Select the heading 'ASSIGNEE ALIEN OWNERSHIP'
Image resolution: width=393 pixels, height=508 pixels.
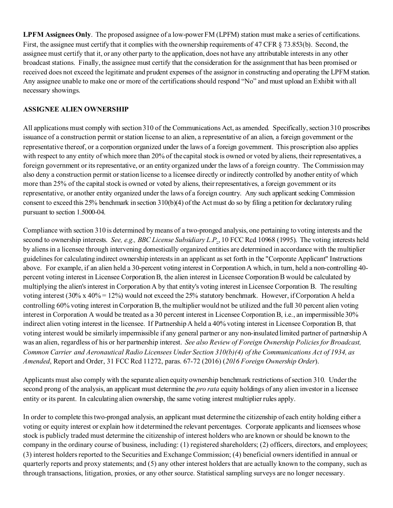pyautogui.click(x=76, y=109)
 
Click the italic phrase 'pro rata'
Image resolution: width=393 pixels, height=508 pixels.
pyautogui.click(x=207, y=389)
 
